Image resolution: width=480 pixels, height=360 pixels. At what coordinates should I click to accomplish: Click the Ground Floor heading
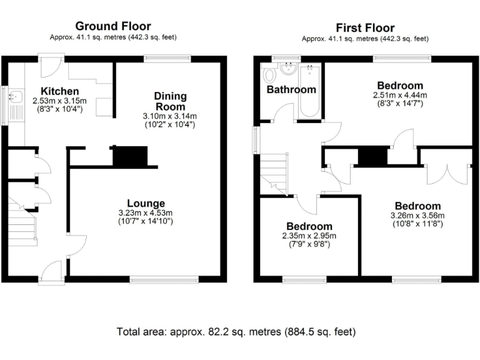[x=113, y=26]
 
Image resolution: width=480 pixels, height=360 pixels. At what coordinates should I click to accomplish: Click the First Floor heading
[x=365, y=27]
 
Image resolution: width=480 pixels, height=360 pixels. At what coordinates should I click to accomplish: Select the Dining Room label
[x=171, y=101]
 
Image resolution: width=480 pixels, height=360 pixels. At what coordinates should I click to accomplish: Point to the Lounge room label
[x=146, y=203]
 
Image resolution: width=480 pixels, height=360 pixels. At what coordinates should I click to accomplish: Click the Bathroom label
[x=291, y=89]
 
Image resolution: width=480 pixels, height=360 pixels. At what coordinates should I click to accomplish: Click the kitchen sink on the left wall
[x=14, y=97]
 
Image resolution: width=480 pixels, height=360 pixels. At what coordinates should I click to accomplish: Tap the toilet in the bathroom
[x=270, y=76]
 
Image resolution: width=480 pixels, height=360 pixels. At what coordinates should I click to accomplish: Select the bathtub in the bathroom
[x=309, y=91]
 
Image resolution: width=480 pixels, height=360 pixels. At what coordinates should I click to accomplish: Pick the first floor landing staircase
[x=272, y=172]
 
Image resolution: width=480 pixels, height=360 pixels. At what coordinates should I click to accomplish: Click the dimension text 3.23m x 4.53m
[x=146, y=213]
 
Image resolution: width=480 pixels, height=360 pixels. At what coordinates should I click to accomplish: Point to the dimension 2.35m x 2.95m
[x=309, y=236]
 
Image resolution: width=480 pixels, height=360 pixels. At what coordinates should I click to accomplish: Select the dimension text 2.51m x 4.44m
[x=400, y=96]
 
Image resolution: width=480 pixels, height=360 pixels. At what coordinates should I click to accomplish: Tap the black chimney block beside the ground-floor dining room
[x=129, y=156]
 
